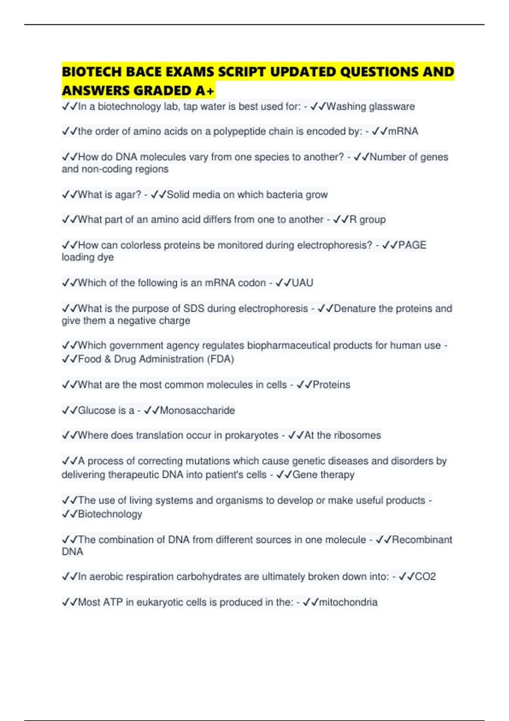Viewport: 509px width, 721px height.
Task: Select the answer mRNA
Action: tap(403, 131)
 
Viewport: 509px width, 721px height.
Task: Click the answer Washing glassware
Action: tap(370, 106)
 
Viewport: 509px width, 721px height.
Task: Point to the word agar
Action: tap(127, 195)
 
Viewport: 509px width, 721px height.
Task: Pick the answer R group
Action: tap(367, 220)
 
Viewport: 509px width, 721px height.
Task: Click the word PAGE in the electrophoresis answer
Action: tap(412, 245)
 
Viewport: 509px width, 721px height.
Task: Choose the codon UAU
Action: tap(302, 283)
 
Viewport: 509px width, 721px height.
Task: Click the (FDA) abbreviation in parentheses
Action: tap(221, 359)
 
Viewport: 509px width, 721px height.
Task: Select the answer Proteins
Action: tap(331, 385)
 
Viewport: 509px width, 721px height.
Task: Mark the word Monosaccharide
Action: tap(197, 411)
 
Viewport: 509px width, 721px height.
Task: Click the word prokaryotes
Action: tap(252, 436)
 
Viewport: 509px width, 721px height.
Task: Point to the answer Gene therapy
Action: tap(323, 475)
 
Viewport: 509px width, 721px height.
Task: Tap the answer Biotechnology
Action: tap(110, 514)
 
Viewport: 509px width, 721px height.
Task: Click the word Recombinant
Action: tap(422, 539)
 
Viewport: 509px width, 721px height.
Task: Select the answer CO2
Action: tap(425, 577)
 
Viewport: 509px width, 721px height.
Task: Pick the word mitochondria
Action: tap(348, 602)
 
